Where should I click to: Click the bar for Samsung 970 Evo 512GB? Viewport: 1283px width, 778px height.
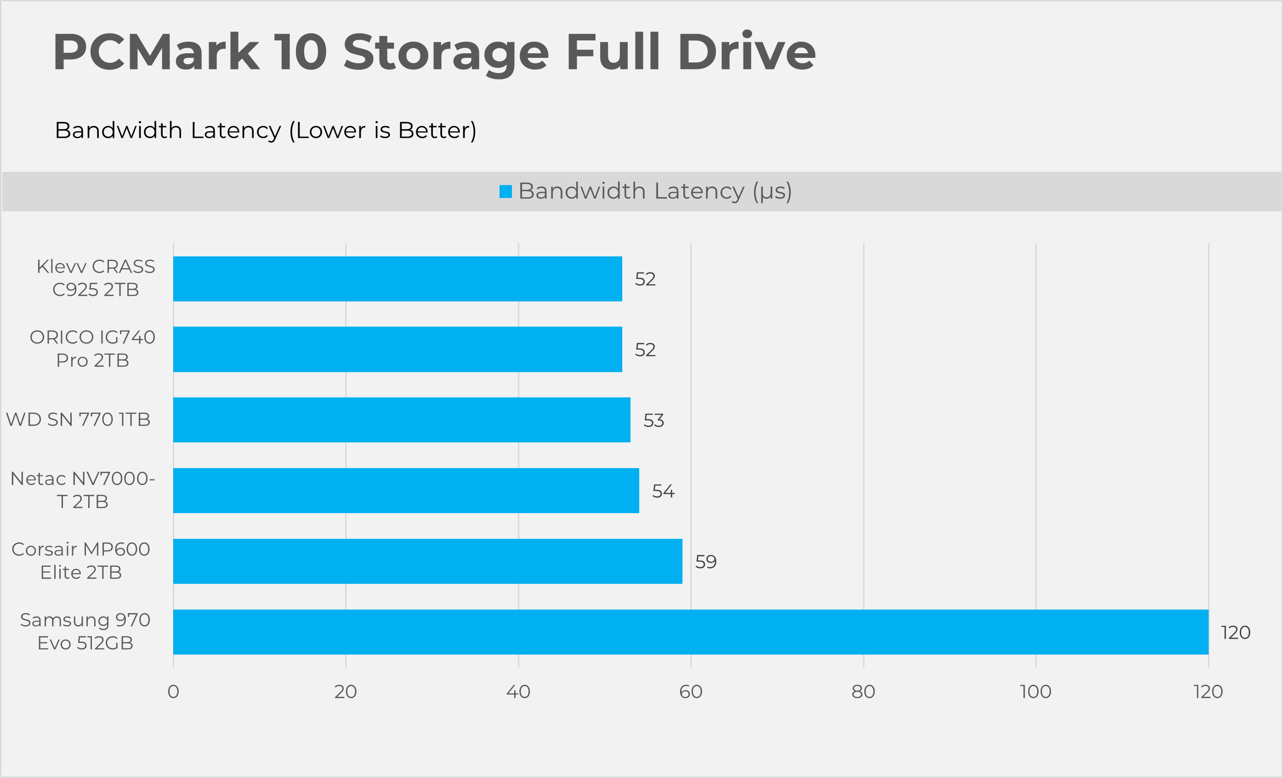pyautogui.click(x=691, y=632)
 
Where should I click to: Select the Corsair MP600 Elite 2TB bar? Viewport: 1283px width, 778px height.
pyautogui.click(x=427, y=561)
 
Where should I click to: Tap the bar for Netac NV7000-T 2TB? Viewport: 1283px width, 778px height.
pyautogui.click(x=406, y=490)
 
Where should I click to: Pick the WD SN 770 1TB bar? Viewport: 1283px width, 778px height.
pyautogui.click(x=402, y=419)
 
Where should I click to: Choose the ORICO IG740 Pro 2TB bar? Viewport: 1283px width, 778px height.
pyautogui.click(x=397, y=349)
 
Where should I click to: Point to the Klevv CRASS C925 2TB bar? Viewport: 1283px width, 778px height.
pyautogui.click(x=397, y=278)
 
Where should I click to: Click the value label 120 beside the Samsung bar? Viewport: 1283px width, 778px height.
pyautogui.click(x=1235, y=632)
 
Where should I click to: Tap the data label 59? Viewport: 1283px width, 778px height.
pyautogui.click(x=705, y=562)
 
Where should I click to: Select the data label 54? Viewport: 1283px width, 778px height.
pyautogui.click(x=663, y=491)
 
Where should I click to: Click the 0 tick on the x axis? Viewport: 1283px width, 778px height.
pyautogui.click(x=173, y=692)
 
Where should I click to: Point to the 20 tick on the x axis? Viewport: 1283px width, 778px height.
pyautogui.click(x=346, y=692)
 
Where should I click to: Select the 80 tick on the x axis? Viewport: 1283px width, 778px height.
pyautogui.click(x=863, y=692)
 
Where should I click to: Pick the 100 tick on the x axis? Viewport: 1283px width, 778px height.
pyautogui.click(x=1036, y=692)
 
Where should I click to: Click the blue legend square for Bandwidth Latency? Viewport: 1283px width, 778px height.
pyautogui.click(x=505, y=192)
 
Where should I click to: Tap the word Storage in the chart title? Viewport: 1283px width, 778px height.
pyautogui.click(x=446, y=52)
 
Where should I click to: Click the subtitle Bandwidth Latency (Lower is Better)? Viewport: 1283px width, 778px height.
pyautogui.click(x=266, y=130)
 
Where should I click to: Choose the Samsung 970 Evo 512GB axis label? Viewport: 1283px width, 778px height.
pyautogui.click(x=85, y=631)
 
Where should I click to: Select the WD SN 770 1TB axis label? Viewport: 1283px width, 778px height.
pyautogui.click(x=78, y=419)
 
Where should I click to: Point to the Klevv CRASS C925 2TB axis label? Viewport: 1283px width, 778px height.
pyautogui.click(x=96, y=278)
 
